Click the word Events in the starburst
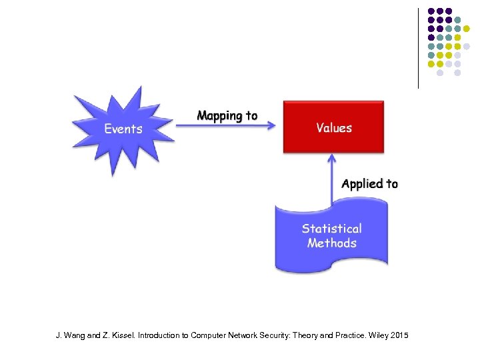coord(123,129)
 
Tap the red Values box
coord(334,127)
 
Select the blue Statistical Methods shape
coord(331,237)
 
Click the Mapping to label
coord(227,116)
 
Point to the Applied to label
coord(369,184)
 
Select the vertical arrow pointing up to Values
coord(331,180)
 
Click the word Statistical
coord(331,229)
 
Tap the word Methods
coord(331,243)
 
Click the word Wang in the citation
coord(74,335)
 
